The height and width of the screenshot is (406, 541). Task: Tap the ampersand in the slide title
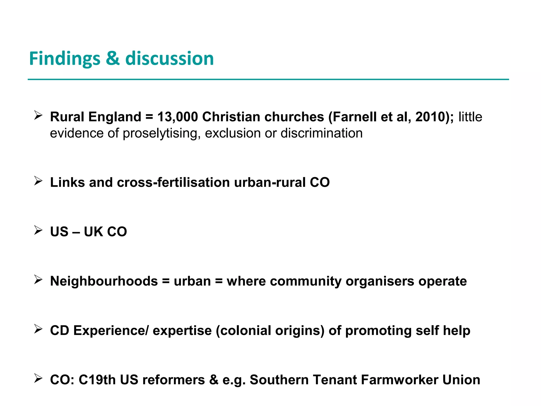[x=113, y=59]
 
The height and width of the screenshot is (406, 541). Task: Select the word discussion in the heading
[x=169, y=59]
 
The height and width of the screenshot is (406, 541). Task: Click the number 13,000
[x=178, y=117]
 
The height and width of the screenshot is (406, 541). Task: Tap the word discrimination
[x=321, y=133]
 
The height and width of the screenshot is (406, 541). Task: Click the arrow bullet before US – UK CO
[x=38, y=230]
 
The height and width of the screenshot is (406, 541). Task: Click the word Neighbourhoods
[x=104, y=281]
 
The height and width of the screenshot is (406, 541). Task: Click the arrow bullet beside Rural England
[x=38, y=116]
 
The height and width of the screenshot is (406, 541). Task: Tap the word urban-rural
[x=270, y=182]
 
